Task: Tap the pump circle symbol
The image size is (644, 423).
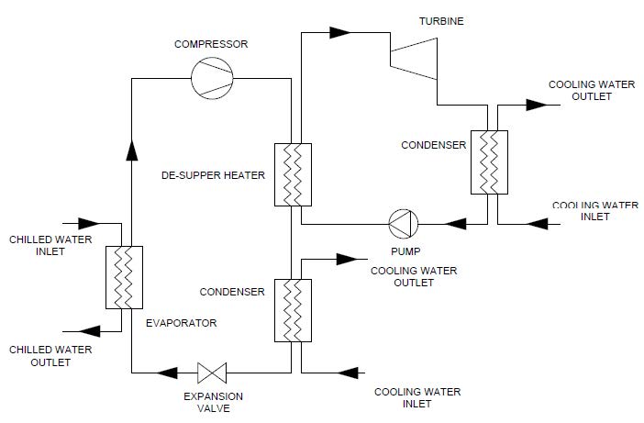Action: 402,223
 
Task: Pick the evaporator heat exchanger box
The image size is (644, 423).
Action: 125,277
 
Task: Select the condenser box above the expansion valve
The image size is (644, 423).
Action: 291,310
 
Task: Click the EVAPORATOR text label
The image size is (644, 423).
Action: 181,323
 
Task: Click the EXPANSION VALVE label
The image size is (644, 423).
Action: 213,402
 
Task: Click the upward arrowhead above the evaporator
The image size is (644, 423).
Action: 131,149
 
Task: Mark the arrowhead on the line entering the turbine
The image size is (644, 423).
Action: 340,32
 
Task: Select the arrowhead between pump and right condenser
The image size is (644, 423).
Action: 452,223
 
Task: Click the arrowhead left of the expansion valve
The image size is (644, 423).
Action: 168,373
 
